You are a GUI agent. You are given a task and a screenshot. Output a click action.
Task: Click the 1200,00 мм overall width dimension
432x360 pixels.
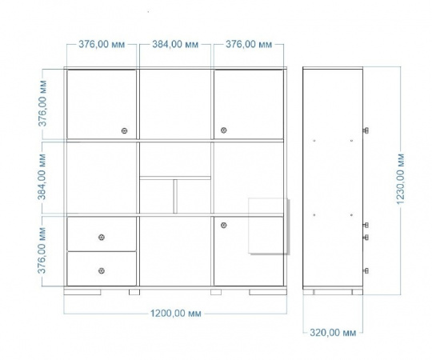175,313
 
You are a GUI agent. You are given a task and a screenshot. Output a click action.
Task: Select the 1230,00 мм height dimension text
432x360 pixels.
400,179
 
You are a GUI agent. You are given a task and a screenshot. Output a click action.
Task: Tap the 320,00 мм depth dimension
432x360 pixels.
333,333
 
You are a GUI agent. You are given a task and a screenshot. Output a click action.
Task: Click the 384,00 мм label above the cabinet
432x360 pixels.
175,44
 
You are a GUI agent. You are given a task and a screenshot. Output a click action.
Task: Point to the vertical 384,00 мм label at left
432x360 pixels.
42,177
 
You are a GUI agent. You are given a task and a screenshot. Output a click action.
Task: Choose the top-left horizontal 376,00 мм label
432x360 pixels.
102,44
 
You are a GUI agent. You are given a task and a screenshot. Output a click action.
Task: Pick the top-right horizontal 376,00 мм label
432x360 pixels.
249,44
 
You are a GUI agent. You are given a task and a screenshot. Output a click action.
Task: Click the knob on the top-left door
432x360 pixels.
125,130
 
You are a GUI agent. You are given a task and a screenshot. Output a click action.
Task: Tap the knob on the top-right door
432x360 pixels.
224,130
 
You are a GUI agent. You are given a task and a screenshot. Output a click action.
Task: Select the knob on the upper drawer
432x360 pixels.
102,237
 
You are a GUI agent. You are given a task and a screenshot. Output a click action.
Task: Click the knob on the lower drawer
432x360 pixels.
102,270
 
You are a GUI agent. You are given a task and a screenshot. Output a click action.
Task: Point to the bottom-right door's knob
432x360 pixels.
224,226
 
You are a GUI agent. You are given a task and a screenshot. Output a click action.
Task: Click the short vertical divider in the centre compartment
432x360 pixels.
175,196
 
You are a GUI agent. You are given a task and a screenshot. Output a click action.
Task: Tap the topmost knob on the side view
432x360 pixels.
366,130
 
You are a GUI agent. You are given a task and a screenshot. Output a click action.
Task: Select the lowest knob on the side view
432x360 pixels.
366,270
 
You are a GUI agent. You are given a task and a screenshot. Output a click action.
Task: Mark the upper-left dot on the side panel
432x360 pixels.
314,141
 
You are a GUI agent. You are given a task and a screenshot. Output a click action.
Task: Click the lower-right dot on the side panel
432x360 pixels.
351,215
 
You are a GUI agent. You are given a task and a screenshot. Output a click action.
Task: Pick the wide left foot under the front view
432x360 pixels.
82,292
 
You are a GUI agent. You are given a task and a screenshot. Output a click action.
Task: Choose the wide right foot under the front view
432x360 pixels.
268,292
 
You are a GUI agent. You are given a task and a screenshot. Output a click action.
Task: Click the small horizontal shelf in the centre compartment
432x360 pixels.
175,178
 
